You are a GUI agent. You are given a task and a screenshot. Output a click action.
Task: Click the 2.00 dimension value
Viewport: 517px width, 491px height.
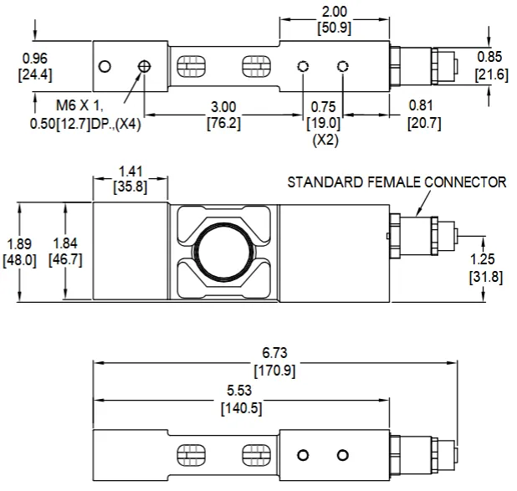[x=334, y=11]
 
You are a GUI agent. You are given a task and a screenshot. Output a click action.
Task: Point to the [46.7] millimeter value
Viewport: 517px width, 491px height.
[x=66, y=260]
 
